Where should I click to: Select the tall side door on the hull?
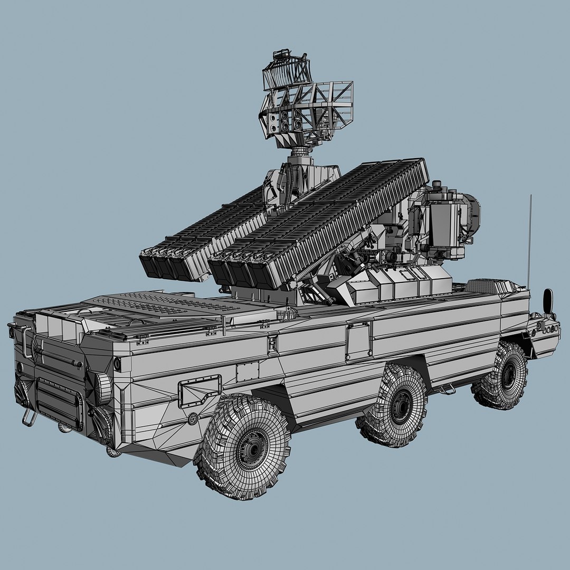tap(359, 340)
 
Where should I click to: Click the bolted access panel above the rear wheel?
tap(199, 391)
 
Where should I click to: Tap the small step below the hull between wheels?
tap(448, 391)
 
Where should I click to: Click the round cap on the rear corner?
tap(103, 388)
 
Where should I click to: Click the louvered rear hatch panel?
tap(60, 403)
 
